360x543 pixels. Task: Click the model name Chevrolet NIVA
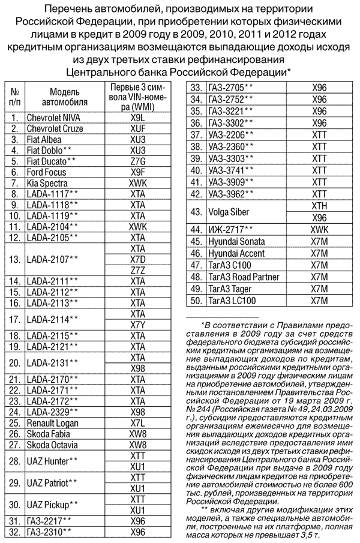(53, 118)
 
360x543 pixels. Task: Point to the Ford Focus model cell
(47, 172)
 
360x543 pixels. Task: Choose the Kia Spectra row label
(47, 183)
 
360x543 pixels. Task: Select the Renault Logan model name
(53, 422)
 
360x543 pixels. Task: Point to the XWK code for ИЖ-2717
(319, 230)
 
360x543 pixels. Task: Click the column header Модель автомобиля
(64, 97)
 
